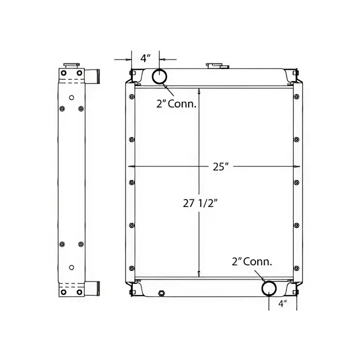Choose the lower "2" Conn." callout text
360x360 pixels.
tap(251, 262)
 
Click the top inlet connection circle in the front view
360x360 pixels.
tap(159, 76)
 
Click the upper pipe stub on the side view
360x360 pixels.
tap(93, 76)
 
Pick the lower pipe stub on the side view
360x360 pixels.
tap(93, 287)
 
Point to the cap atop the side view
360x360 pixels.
tap(71, 66)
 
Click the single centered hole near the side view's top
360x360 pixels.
tap(71, 96)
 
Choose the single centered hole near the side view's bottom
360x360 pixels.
tap(71, 267)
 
